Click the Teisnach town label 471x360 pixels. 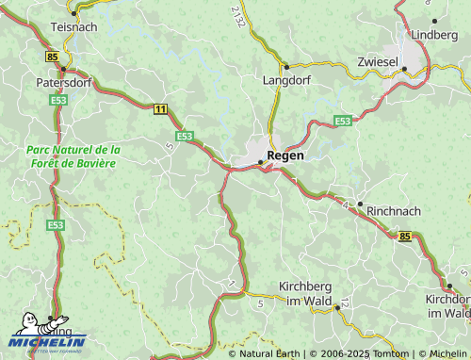click(x=73, y=27)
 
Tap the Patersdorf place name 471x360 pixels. click(x=63, y=82)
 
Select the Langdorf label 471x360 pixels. click(x=284, y=81)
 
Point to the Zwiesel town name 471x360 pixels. click(x=379, y=61)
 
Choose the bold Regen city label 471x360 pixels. click(x=285, y=155)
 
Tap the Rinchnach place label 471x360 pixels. click(x=394, y=211)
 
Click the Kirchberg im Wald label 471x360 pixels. click(x=306, y=292)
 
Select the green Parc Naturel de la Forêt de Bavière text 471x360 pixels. click(x=73, y=156)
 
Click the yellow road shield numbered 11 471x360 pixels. click(x=161, y=110)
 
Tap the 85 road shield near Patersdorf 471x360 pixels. click(x=50, y=57)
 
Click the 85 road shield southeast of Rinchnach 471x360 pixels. click(x=405, y=236)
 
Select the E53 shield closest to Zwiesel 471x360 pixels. click(x=343, y=121)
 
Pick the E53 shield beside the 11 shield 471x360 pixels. click(x=184, y=136)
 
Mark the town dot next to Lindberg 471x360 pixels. click(x=434, y=20)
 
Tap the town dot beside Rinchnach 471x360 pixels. click(x=359, y=204)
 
